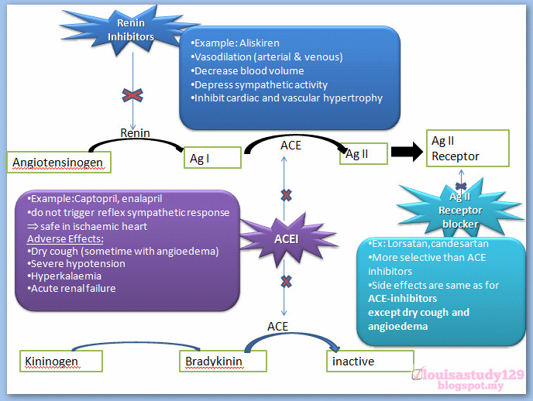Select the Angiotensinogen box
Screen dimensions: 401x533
[x=58, y=162]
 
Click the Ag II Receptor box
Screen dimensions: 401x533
[x=467, y=148]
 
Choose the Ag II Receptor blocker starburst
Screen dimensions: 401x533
[x=460, y=210]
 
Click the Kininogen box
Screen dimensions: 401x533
[x=61, y=361]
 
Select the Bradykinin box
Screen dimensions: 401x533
[x=224, y=361]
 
